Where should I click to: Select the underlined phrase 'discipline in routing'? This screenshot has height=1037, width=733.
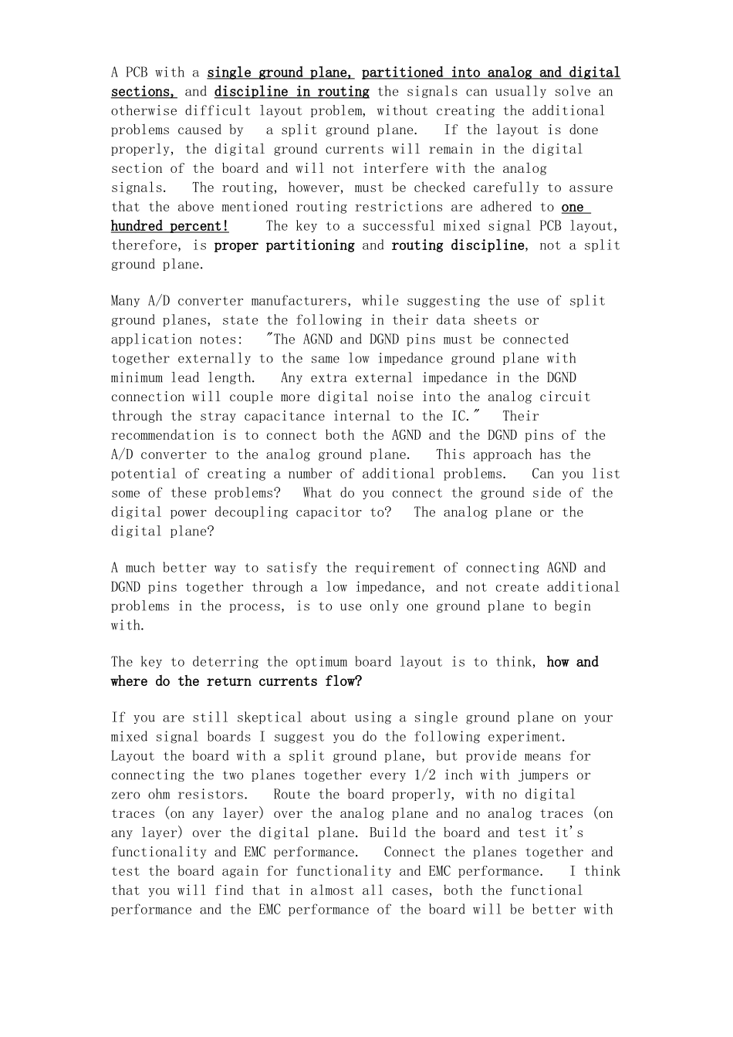[x=292, y=92]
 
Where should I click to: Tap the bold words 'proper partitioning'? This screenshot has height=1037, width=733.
[x=284, y=245]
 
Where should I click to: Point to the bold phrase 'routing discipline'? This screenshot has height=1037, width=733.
[x=458, y=245]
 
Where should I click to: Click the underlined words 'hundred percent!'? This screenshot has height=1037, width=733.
[x=170, y=226]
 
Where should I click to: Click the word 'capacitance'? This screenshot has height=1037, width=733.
[x=351, y=417]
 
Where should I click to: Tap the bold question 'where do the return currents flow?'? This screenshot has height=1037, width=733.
[x=236, y=681]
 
